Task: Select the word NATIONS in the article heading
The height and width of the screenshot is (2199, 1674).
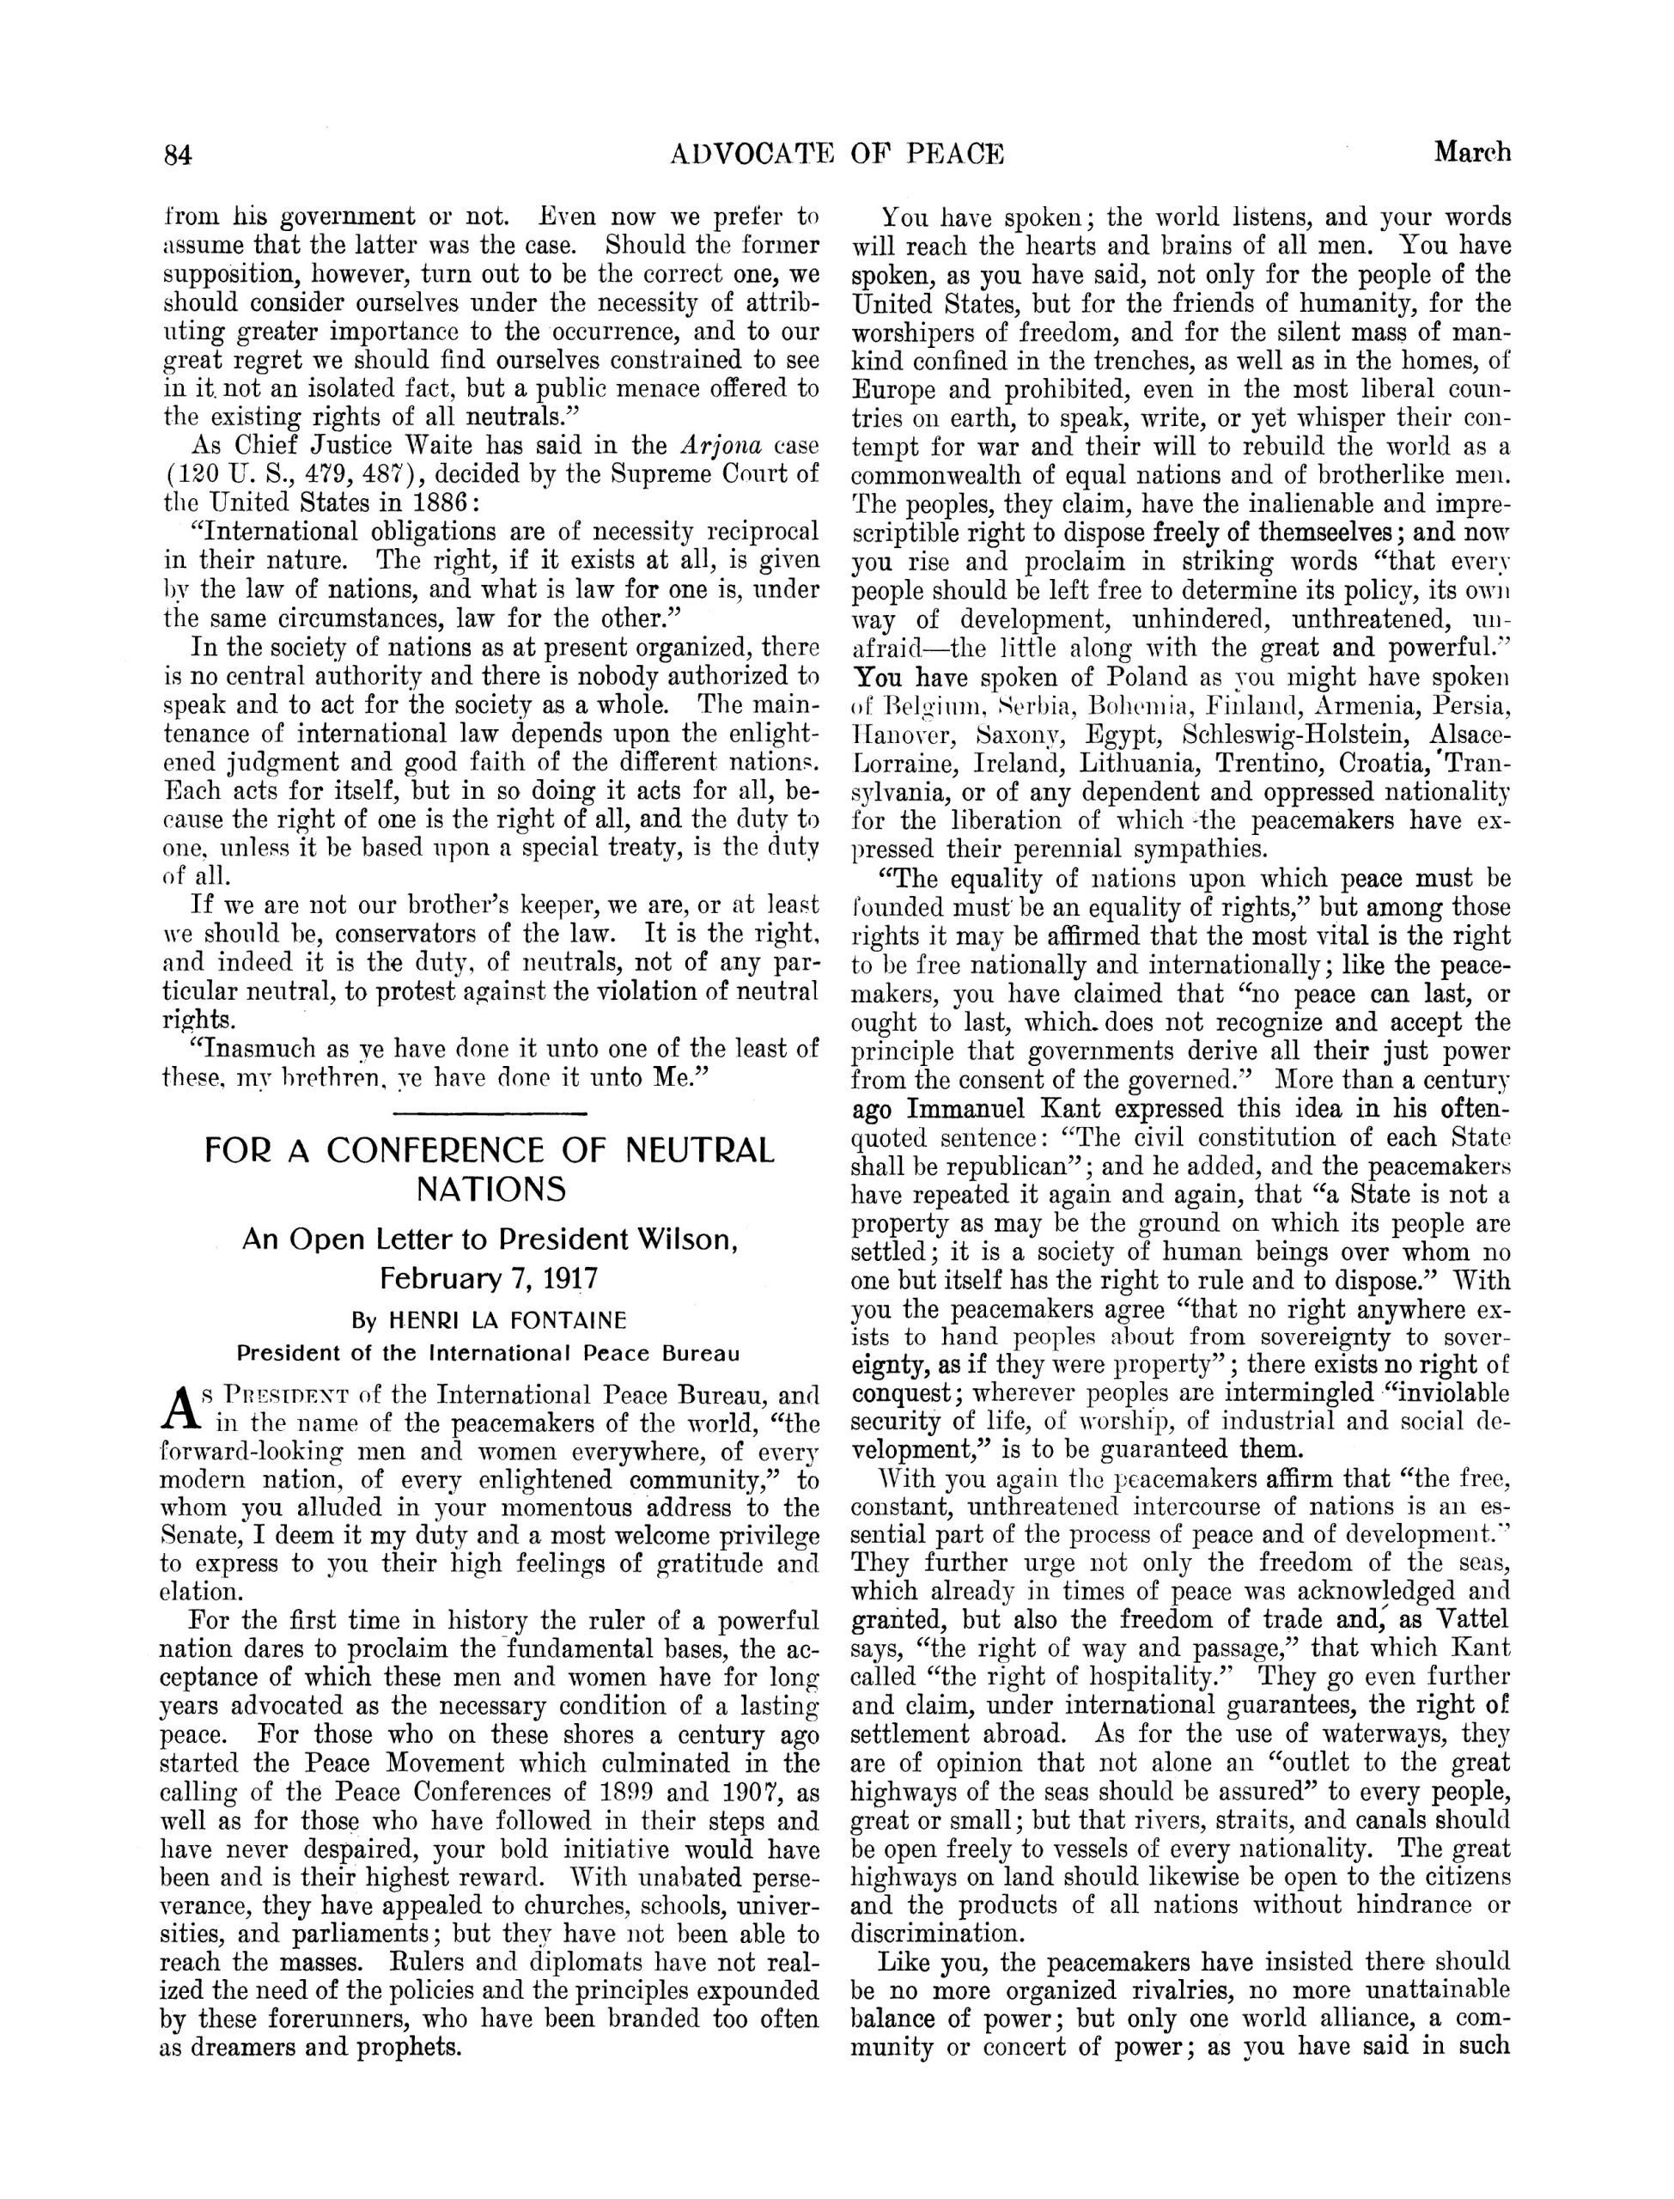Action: [490, 1189]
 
